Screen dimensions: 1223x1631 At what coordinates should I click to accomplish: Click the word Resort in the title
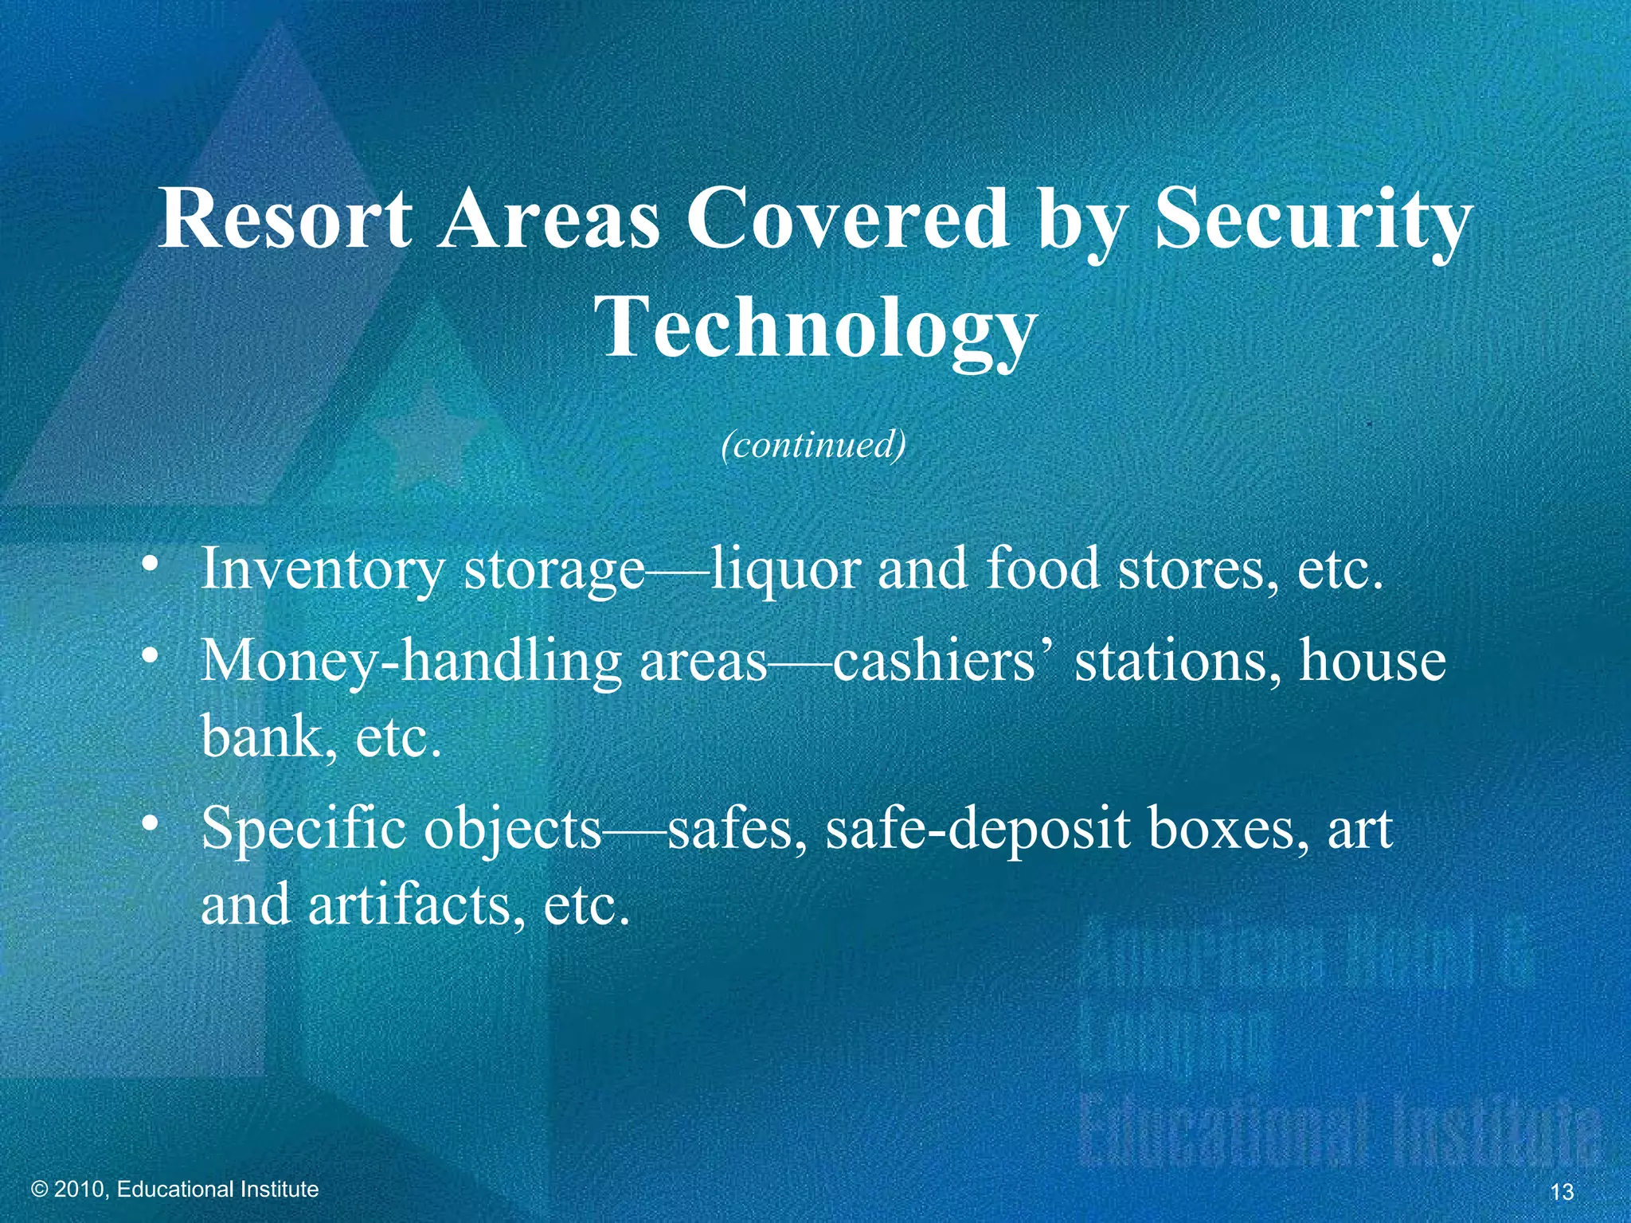[x=285, y=219]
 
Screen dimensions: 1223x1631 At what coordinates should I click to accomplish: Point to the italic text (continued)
[x=814, y=444]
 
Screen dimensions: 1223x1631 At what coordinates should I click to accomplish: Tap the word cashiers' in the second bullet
[x=942, y=661]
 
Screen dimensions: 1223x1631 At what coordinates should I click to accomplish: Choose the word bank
[x=260, y=737]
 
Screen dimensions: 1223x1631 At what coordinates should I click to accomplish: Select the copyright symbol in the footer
[x=40, y=1190]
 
